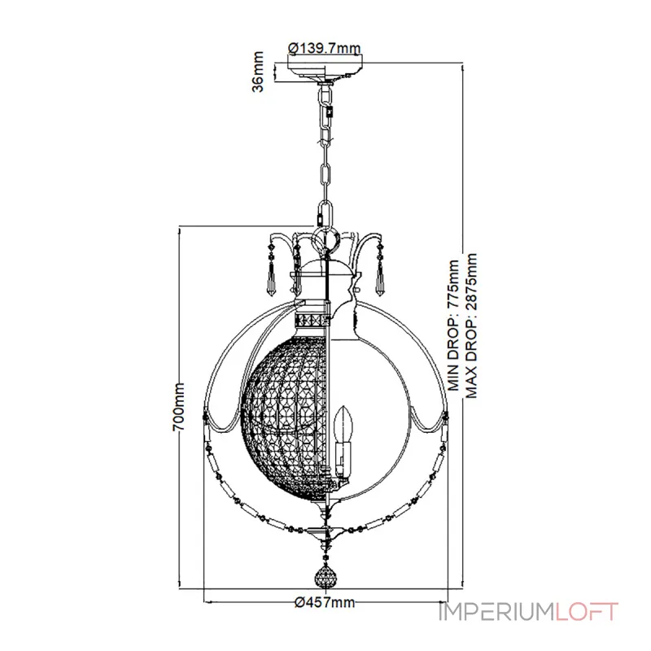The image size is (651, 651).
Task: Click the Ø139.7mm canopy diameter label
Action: tap(325, 49)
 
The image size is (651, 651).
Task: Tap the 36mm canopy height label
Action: tap(258, 72)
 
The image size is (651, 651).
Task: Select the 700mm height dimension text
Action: tap(178, 407)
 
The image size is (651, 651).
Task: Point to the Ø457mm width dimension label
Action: tap(325, 602)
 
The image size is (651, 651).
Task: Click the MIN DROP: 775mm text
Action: tap(454, 325)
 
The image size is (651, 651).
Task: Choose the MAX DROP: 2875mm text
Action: tap(471, 326)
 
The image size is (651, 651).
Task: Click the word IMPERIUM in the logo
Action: tap(496, 612)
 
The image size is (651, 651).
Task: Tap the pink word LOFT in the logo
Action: tap(587, 612)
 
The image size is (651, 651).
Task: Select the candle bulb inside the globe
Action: tap(343, 424)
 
